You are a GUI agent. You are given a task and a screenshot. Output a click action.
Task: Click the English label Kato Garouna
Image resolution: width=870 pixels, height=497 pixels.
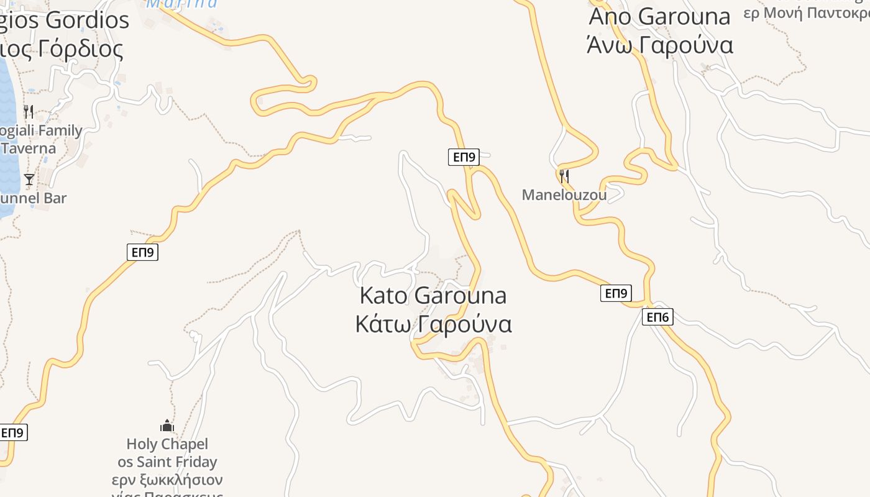point(433,296)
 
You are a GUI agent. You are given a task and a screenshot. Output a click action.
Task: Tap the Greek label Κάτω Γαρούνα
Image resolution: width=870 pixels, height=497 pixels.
point(433,324)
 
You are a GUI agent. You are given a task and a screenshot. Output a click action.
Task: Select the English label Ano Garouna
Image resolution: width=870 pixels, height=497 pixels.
point(659,17)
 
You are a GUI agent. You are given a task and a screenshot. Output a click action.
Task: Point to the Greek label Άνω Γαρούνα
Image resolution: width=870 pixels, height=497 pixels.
point(659,45)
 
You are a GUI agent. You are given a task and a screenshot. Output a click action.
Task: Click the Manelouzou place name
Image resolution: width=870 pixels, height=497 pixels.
point(564,195)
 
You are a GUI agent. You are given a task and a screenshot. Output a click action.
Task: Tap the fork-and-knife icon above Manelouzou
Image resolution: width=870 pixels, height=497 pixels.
point(564,176)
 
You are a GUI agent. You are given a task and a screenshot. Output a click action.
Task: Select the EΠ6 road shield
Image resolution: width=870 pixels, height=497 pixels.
point(657,317)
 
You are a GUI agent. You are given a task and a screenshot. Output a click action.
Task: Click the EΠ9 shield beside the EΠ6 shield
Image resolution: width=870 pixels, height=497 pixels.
point(616,293)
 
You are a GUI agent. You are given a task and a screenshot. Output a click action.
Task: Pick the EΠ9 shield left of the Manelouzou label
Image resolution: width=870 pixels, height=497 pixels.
point(464,157)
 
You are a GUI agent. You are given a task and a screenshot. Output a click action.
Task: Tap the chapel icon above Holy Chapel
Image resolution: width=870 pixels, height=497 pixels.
point(167,426)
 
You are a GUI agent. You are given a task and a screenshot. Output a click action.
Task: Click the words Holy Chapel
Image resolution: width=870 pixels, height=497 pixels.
point(167,444)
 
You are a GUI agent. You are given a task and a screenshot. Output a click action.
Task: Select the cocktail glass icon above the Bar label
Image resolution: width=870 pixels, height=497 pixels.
point(29,180)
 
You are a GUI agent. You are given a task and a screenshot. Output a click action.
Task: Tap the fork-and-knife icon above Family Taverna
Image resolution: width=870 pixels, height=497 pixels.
point(28,112)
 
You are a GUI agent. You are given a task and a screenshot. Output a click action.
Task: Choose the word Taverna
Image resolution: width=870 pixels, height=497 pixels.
point(29,148)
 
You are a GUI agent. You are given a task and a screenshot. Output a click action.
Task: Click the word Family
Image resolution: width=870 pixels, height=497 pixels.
point(60,131)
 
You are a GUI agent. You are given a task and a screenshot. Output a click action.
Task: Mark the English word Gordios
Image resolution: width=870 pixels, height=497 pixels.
point(87,21)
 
